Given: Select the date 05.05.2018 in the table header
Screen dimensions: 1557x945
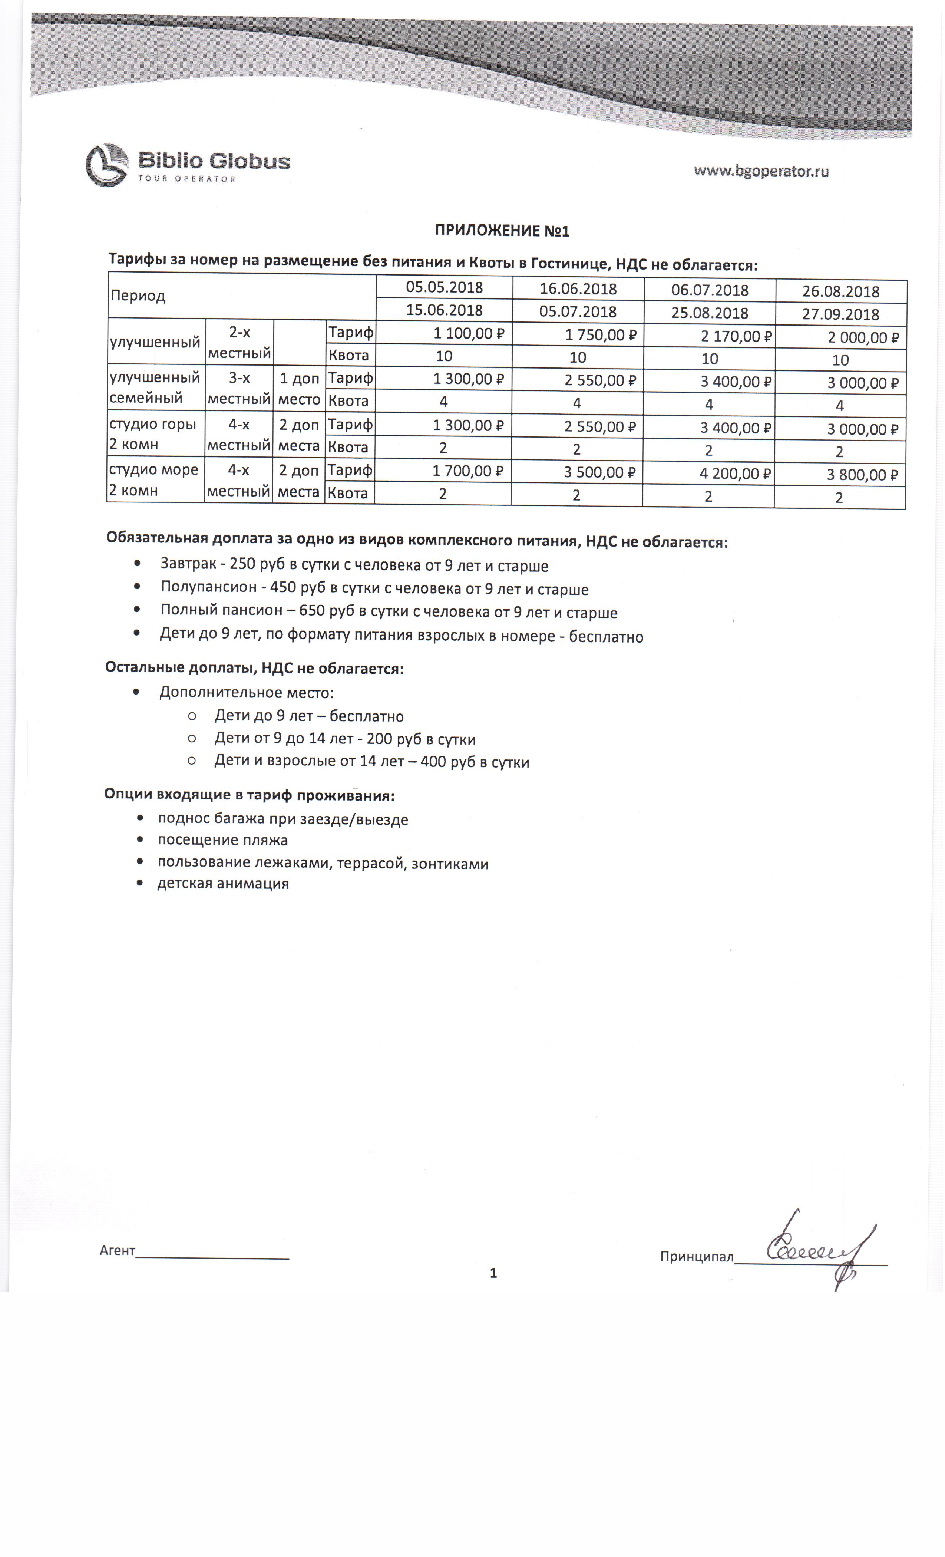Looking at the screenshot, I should pos(444,287).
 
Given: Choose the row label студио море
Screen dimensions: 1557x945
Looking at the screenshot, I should pos(153,469).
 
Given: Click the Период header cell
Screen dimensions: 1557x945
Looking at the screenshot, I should pos(138,296).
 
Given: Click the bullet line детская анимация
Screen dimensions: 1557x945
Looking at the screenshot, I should pos(222,883).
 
